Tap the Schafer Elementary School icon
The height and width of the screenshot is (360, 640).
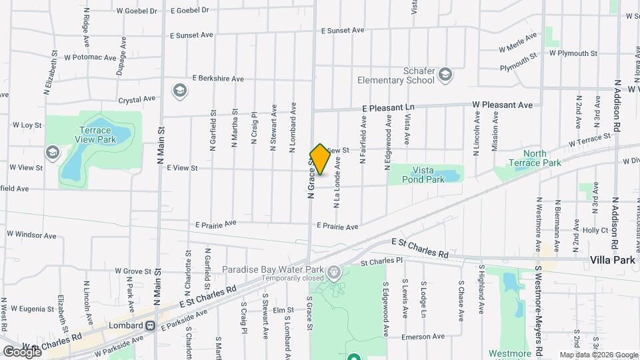[x=445, y=75]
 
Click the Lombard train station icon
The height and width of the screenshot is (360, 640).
[x=151, y=325]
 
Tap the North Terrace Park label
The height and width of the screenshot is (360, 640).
[x=527, y=158]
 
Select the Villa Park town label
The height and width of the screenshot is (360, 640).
[x=613, y=260]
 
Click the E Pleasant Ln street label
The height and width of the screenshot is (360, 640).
[x=388, y=107]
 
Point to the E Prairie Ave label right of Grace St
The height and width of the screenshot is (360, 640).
[x=338, y=227]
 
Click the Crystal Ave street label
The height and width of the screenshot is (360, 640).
[x=137, y=99]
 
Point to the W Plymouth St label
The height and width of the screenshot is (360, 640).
[x=573, y=53]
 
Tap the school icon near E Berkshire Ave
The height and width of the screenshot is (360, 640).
[x=179, y=91]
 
